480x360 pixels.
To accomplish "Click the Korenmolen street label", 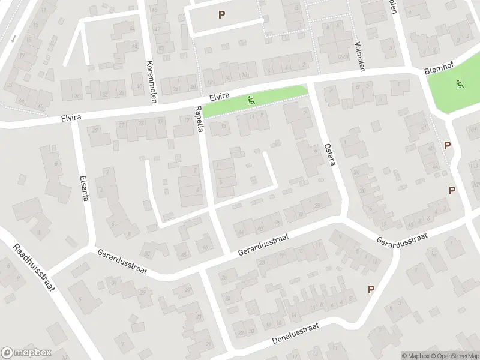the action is point(151,82).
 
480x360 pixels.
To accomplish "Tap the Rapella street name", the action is point(199,119).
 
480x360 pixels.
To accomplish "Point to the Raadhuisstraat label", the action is point(34,268).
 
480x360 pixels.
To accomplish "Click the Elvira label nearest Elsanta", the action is point(71,118).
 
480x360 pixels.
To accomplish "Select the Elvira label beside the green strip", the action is point(220,97).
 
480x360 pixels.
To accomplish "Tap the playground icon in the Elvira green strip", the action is point(251,100).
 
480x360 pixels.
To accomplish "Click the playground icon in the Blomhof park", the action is point(460,85).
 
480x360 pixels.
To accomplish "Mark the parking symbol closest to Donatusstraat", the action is point(371,290).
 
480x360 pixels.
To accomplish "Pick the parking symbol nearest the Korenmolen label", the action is point(222,14).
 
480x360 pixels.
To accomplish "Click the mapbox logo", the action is point(26,353).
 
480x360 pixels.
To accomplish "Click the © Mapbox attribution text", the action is point(415,356).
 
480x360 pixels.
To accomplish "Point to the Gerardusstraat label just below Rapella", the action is point(263,244).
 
